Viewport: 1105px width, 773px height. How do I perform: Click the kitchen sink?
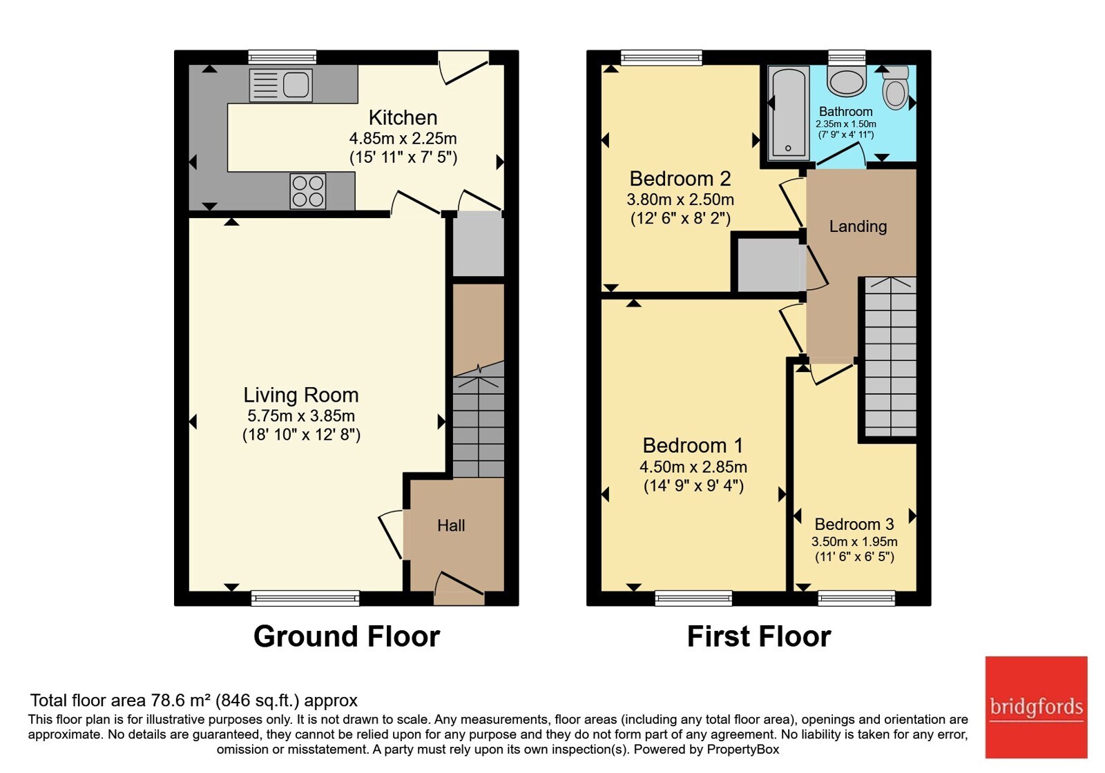(280, 85)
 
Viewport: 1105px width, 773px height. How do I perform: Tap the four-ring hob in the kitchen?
(308, 190)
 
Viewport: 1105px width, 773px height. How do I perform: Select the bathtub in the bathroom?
(788, 113)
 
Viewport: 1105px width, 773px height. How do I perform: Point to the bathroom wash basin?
(847, 81)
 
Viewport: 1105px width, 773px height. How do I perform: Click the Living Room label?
(301, 395)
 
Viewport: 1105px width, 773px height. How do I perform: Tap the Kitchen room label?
(403, 118)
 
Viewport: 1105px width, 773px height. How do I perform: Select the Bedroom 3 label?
(854, 524)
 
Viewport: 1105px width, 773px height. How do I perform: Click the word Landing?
(858, 226)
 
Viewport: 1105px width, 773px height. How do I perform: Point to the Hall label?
(451, 525)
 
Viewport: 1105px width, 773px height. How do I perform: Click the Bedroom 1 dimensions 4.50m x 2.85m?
(693, 467)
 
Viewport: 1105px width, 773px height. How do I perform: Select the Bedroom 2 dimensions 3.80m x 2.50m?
(680, 199)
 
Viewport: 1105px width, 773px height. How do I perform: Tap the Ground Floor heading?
(347, 636)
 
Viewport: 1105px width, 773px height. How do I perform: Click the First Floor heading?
(759, 636)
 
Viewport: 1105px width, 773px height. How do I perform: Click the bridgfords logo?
(1036, 707)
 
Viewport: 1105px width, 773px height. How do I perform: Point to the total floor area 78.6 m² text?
(194, 700)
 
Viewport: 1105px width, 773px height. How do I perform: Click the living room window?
(305, 598)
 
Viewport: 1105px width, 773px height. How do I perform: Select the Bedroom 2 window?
(661, 58)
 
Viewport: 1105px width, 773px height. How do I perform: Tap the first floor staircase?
(890, 357)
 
